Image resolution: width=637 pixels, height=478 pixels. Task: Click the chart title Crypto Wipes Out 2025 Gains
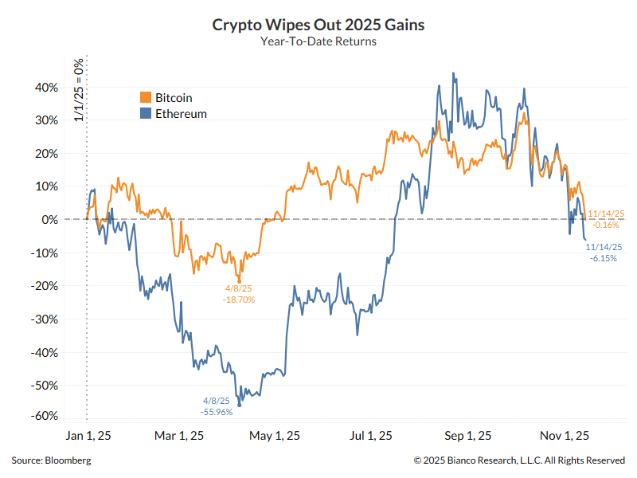(x=318, y=25)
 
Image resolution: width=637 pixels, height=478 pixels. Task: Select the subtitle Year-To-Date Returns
(x=318, y=41)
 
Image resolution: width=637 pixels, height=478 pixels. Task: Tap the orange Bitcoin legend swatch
(x=145, y=97)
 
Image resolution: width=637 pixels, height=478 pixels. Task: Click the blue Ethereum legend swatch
(x=145, y=114)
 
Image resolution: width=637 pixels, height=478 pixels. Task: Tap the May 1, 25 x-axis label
(x=275, y=436)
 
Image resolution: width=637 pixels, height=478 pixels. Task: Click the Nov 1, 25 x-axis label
(x=564, y=436)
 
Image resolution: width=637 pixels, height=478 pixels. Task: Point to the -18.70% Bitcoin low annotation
(x=239, y=300)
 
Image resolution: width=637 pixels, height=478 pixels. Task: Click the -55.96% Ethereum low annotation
(x=216, y=412)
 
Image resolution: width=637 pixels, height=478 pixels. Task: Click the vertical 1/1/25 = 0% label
(x=79, y=89)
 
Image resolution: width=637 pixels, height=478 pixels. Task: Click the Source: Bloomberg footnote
(x=51, y=460)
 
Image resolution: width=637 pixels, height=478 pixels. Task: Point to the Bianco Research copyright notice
(x=519, y=460)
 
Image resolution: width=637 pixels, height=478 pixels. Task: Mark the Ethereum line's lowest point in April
(x=240, y=406)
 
